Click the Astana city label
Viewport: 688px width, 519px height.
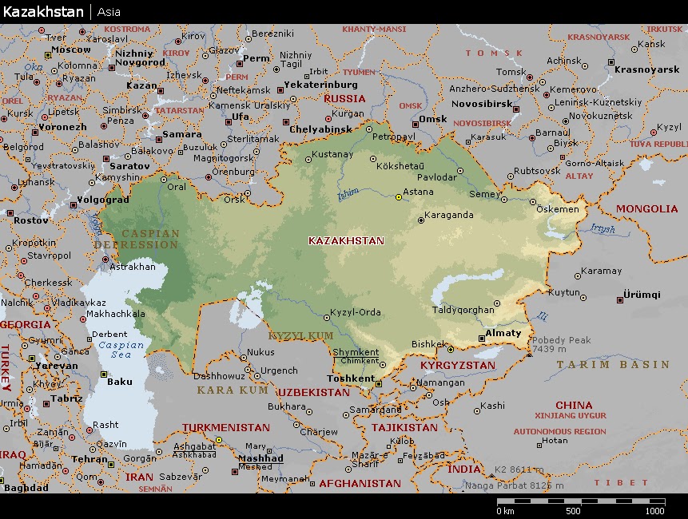tap(419, 192)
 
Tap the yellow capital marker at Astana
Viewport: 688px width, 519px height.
tap(399, 196)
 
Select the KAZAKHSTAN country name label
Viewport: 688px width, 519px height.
tap(346, 240)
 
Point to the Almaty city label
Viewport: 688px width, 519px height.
tap(503, 333)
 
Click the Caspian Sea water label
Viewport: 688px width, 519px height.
tap(121, 350)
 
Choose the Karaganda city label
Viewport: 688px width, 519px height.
tap(448, 215)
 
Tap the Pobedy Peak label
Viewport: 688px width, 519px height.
tap(562, 340)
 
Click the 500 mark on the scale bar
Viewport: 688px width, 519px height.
tap(572, 511)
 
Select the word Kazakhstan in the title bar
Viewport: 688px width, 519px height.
tap(42, 12)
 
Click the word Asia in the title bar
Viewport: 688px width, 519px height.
tap(109, 12)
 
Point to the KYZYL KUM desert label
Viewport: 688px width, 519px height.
tap(300, 336)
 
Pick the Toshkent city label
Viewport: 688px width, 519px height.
tap(351, 378)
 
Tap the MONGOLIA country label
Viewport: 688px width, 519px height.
tap(646, 209)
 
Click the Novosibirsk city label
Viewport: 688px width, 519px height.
tap(479, 104)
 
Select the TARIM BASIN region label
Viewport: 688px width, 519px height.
tap(613, 364)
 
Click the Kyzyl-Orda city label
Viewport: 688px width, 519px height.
tap(356, 312)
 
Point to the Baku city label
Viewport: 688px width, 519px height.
tap(119, 381)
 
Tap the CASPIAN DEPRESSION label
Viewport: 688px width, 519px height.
tap(137, 239)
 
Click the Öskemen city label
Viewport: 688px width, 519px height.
tap(558, 209)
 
